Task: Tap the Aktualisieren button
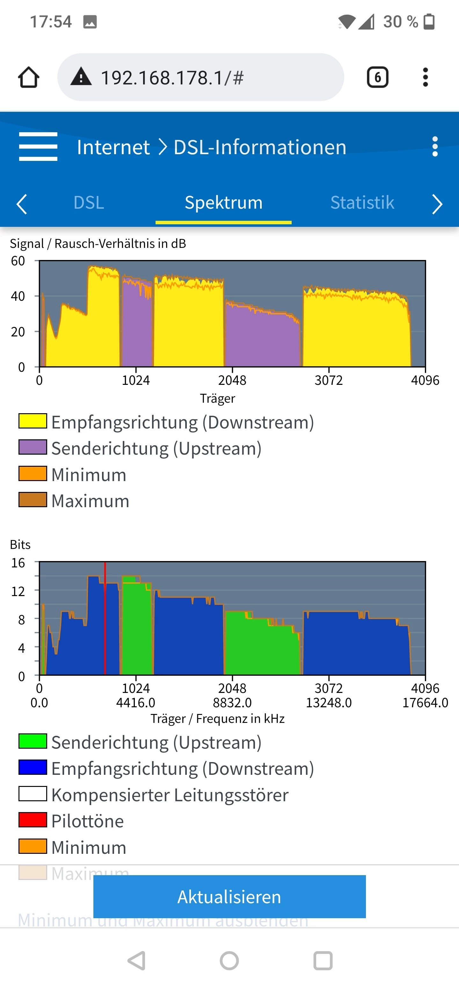(229, 897)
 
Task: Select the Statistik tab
(362, 203)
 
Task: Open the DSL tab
(89, 203)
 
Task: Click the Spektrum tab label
(223, 203)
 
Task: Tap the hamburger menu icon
(38, 147)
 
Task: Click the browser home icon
(29, 77)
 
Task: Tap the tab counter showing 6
(377, 77)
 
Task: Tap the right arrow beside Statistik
(437, 204)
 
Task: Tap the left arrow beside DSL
(22, 204)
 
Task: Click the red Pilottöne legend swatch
(33, 820)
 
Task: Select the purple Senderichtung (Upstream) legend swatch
(33, 448)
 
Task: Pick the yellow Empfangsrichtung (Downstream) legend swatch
(33, 421)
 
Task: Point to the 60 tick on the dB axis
(18, 261)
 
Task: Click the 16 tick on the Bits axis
(18, 563)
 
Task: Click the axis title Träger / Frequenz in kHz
(218, 718)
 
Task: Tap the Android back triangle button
(137, 961)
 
